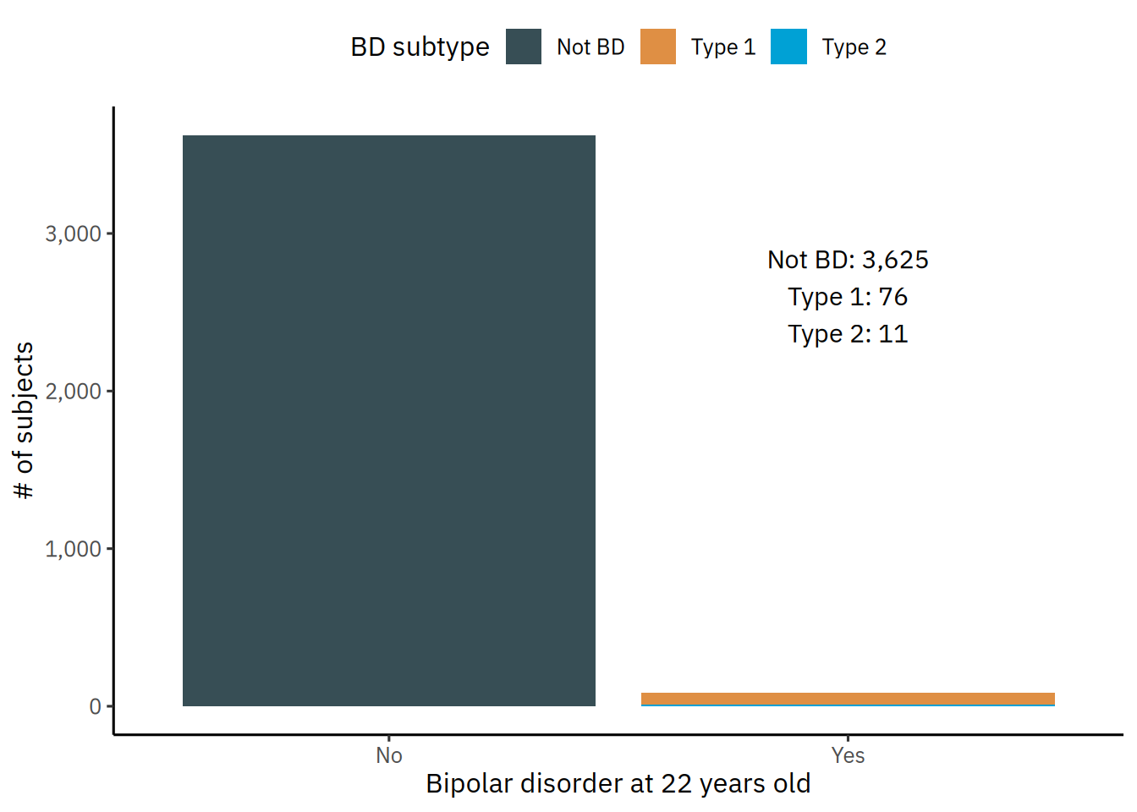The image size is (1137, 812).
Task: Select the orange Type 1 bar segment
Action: pos(848,698)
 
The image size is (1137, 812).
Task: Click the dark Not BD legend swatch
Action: pos(524,47)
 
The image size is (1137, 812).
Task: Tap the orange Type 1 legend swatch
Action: pos(658,47)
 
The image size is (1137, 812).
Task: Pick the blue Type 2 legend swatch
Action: pos(788,47)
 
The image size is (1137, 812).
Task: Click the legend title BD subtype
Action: pos(420,47)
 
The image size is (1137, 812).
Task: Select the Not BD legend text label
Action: pos(590,47)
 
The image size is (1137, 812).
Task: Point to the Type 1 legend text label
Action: pos(723,47)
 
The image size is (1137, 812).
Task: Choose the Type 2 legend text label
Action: pos(854,47)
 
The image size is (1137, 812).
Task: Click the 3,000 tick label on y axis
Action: pos(73,233)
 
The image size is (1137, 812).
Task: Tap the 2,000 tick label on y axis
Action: pos(73,391)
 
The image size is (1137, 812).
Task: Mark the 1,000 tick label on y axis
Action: pos(73,549)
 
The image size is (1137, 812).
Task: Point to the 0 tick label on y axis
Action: pos(95,706)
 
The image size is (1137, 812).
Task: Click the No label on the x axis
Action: pos(389,755)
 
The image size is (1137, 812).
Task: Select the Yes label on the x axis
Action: pos(848,755)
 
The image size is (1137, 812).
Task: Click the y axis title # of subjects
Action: pos(24,420)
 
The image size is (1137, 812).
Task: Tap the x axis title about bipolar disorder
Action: pos(618,784)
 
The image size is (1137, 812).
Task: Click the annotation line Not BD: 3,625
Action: pos(848,260)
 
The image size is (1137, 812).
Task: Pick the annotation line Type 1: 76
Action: pos(848,297)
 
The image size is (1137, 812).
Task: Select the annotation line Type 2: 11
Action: pos(848,334)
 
